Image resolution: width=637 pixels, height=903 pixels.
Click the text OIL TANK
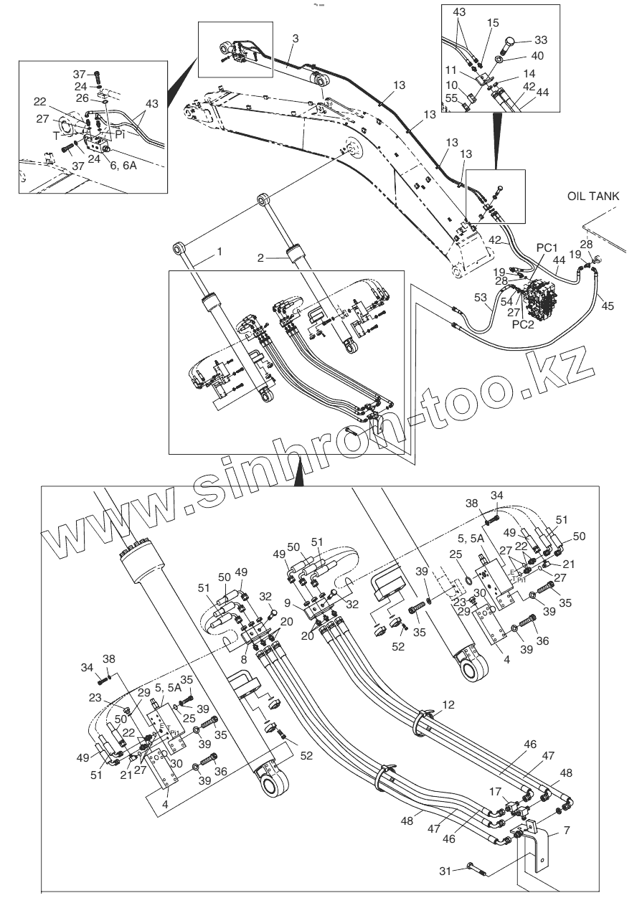tap(595, 195)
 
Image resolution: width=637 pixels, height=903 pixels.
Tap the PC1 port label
tap(547, 247)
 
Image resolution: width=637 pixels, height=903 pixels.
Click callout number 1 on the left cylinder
tap(220, 252)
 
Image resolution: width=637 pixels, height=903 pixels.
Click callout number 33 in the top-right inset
tap(540, 39)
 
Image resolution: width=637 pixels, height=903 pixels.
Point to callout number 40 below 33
tap(537, 56)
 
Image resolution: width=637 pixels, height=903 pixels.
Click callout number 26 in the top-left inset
tap(82, 98)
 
